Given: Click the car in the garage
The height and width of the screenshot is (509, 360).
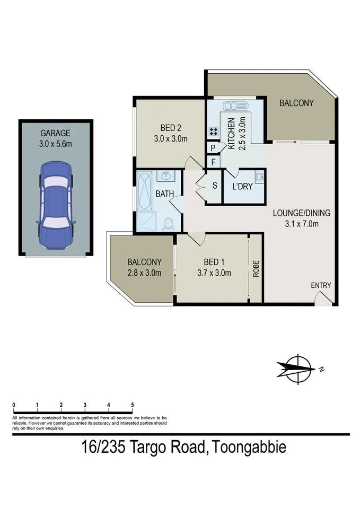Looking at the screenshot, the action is click(x=56, y=205).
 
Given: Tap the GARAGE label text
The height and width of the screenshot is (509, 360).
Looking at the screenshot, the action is click(x=55, y=133).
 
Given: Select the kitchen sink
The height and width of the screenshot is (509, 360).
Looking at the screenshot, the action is click(x=235, y=106).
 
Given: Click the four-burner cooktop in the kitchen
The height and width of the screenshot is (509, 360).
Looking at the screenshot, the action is click(x=213, y=131).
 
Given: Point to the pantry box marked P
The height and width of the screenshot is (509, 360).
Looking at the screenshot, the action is click(x=213, y=148).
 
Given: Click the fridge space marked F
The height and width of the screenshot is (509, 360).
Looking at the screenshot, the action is click(x=213, y=162).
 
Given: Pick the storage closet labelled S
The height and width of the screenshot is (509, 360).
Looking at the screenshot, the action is click(x=215, y=186).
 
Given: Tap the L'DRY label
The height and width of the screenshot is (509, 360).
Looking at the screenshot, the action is click(x=242, y=187).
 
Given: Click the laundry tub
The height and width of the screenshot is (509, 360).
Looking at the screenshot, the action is click(x=259, y=177).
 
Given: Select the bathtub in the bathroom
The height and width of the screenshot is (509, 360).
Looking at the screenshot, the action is click(x=144, y=191).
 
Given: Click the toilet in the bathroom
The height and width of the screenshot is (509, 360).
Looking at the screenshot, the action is click(x=168, y=224).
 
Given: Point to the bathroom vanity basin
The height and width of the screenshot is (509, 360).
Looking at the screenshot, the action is click(x=166, y=176).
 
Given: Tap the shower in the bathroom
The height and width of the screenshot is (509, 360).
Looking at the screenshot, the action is click(x=146, y=221).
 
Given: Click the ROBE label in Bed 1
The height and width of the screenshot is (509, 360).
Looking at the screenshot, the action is click(x=256, y=269).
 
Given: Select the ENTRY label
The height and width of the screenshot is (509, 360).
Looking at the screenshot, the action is click(x=321, y=285).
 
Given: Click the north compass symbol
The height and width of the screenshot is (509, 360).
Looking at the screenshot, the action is click(x=298, y=370).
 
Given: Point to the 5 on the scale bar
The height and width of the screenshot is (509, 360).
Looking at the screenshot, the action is click(x=133, y=405).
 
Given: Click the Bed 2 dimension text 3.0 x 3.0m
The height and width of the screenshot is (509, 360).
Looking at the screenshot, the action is click(x=171, y=139).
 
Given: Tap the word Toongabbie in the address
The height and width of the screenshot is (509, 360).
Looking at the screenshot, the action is click(x=249, y=447).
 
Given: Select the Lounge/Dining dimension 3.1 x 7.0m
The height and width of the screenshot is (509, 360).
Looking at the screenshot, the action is click(x=302, y=224).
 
